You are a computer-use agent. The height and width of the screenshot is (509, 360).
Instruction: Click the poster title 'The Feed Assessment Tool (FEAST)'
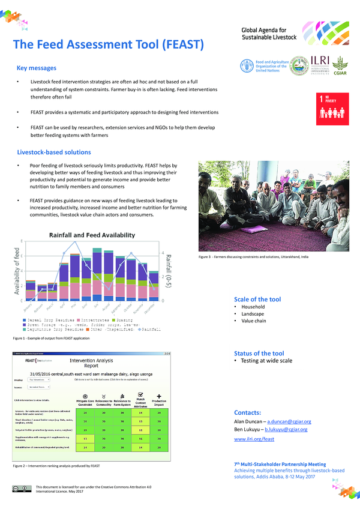point(109,45)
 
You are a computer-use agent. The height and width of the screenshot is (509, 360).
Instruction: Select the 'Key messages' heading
point(37,68)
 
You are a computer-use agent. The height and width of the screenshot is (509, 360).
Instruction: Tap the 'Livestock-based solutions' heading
point(54,152)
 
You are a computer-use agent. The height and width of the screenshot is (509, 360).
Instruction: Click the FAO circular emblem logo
point(246,66)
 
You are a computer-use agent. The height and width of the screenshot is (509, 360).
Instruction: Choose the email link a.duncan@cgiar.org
point(287,422)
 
